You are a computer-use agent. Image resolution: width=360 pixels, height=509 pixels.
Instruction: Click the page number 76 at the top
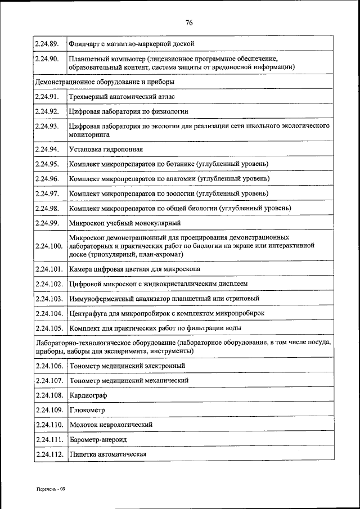[189, 22]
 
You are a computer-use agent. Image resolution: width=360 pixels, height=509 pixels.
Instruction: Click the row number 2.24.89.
[47, 43]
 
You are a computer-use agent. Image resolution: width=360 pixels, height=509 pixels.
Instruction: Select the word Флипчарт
[84, 43]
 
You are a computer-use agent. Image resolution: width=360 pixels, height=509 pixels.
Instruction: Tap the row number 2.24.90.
[47, 58]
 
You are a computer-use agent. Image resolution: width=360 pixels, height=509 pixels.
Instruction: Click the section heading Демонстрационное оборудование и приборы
[105, 82]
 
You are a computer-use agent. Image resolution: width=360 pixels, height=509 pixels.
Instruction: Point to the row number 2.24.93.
[47, 126]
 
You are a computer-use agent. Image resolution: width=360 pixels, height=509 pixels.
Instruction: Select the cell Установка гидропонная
[106, 149]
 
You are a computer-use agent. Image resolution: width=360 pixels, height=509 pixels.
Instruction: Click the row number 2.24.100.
[48, 246]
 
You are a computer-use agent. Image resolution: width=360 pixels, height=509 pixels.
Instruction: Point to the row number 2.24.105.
[48, 327]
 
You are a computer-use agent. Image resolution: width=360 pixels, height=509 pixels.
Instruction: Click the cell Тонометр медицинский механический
[129, 380]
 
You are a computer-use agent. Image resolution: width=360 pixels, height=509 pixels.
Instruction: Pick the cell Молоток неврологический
[111, 425]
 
